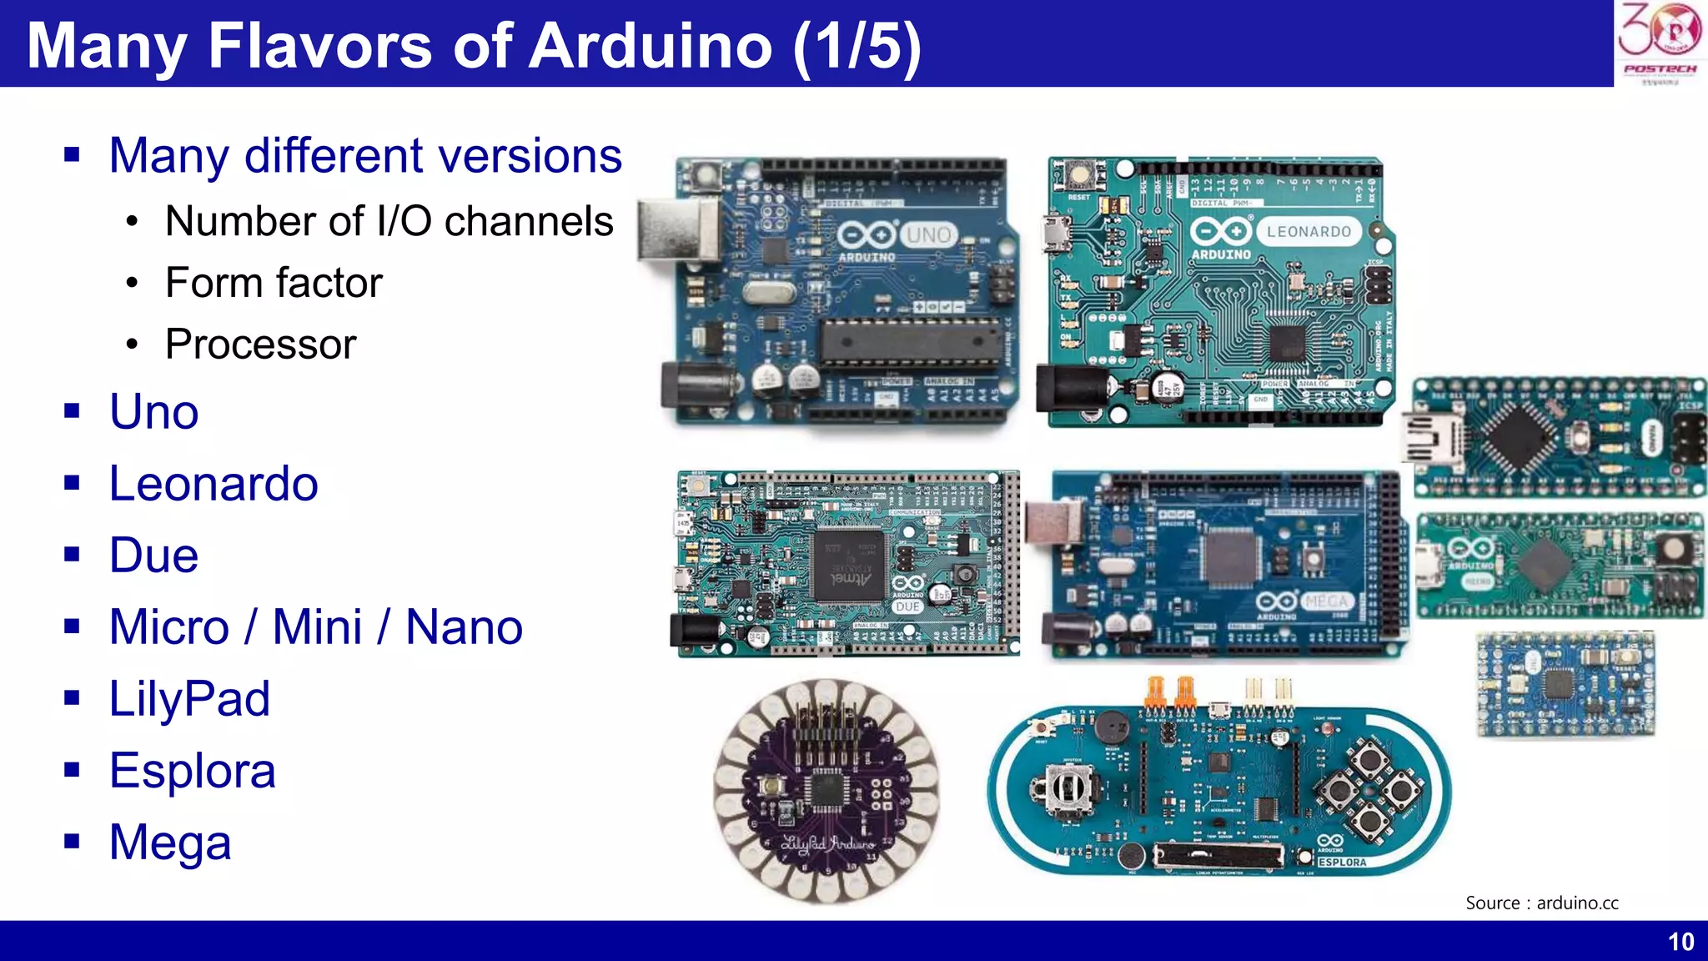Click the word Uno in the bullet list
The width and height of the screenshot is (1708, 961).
(154, 411)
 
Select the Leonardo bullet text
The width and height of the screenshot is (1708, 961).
(213, 484)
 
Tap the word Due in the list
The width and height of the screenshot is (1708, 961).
(154, 556)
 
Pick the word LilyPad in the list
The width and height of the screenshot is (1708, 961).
(189, 699)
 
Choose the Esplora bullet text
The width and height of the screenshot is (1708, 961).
(192, 771)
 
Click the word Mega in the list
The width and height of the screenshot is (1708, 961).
(170, 843)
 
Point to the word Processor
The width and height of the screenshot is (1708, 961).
(260, 344)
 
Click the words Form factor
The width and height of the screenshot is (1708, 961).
(274, 282)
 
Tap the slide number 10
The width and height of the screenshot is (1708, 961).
(1680, 942)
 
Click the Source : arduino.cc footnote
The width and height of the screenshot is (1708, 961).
(1541, 903)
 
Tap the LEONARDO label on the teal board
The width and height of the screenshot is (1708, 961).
(1308, 232)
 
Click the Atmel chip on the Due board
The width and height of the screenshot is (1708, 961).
(848, 565)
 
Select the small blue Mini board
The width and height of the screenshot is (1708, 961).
(1565, 685)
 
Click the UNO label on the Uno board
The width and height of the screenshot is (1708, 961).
(928, 235)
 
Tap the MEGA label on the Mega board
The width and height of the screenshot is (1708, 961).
(1326, 601)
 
